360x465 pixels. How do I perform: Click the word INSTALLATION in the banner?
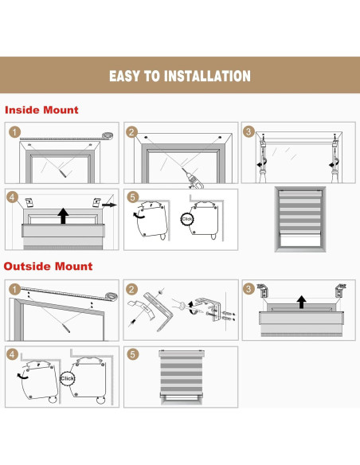coord(207,76)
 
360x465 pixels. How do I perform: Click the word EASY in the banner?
coord(125,76)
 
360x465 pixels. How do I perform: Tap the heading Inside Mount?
coord(41,110)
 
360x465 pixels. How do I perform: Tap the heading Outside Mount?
coord(48,266)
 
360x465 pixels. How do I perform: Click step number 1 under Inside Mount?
coord(14,132)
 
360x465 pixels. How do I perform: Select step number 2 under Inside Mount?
coord(132,132)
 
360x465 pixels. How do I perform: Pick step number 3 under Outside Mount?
coord(248,289)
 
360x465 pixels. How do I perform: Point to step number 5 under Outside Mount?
coord(132,354)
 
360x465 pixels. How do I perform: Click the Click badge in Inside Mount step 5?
coord(187,219)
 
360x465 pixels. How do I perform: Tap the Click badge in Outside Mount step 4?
coord(67,378)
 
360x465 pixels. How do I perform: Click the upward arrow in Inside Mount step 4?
coord(63,216)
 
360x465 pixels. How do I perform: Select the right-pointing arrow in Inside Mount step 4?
coord(109,205)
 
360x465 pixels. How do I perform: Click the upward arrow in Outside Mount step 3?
coord(302,302)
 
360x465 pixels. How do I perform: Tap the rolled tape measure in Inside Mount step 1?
coord(108,135)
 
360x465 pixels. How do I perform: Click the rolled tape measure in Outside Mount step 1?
coord(112,296)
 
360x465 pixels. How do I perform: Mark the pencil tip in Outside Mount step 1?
coord(69,331)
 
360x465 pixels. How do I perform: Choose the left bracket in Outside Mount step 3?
coord(262,291)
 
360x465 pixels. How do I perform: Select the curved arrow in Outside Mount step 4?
coord(22,377)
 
